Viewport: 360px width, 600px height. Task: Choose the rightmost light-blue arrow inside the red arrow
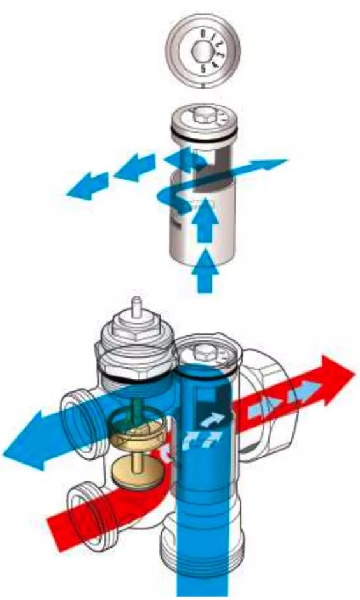coord(301,397)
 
